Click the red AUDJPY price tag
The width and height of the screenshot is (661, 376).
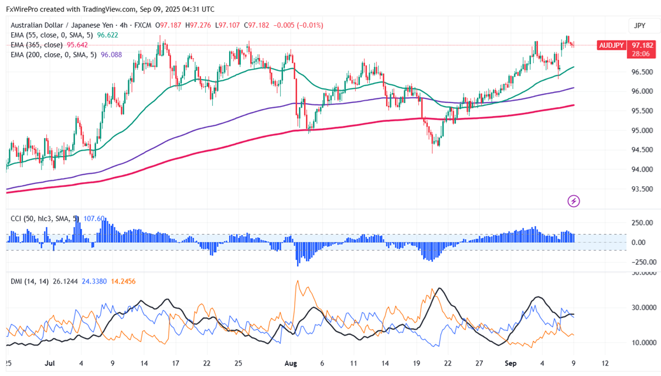tap(611, 45)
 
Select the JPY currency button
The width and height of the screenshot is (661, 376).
tap(639, 26)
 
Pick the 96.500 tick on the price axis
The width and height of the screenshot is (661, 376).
tap(642, 72)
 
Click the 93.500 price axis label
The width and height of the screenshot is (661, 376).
tap(642, 189)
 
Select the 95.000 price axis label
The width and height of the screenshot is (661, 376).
tap(642, 131)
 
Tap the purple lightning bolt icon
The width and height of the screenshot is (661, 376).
tap(574, 201)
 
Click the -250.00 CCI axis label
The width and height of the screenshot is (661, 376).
tap(642, 262)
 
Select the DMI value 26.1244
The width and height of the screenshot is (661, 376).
tap(55, 282)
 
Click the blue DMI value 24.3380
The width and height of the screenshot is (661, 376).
tap(88, 282)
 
